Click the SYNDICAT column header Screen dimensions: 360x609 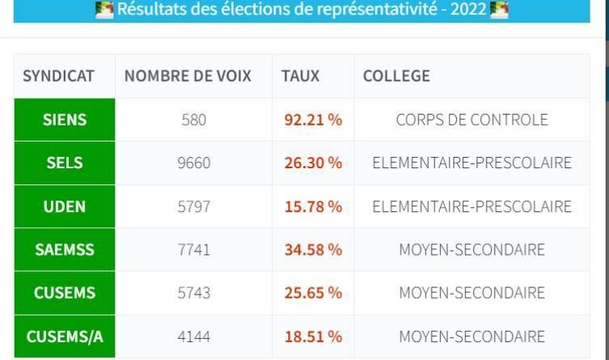pyautogui.click(x=58, y=77)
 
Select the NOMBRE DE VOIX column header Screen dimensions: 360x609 pyautogui.click(x=188, y=77)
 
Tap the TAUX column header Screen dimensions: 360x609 pyautogui.click(x=300, y=77)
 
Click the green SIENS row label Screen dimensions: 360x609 pyautogui.click(x=65, y=120)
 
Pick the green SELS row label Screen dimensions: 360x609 pyautogui.click(x=65, y=163)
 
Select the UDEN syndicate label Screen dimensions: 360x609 pyautogui.click(x=65, y=206)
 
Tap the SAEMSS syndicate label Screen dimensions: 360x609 pyautogui.click(x=65, y=250)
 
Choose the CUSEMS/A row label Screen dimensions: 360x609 pyautogui.click(x=65, y=337)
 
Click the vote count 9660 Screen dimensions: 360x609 pyautogui.click(x=193, y=163)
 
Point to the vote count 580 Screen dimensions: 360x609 pyautogui.click(x=193, y=120)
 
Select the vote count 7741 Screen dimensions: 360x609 pyautogui.click(x=193, y=250)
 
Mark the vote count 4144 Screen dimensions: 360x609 pyautogui.click(x=193, y=337)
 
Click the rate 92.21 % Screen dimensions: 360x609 pyautogui.click(x=313, y=120)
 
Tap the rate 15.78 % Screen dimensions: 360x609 pyautogui.click(x=313, y=206)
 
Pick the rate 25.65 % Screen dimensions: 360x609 pyautogui.click(x=313, y=293)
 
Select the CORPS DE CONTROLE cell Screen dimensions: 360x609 pyautogui.click(x=472, y=120)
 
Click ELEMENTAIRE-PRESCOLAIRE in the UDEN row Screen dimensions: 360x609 pyautogui.click(x=472, y=206)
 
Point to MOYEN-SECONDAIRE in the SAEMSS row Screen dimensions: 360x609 pyautogui.click(x=472, y=250)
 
